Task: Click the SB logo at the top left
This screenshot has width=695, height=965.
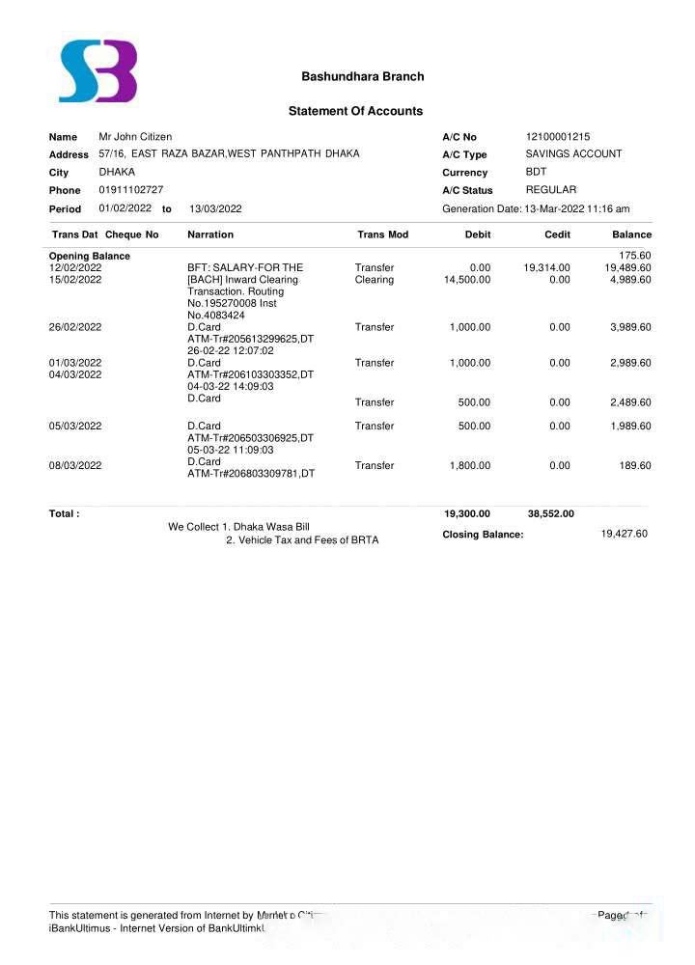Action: pyautogui.click(x=97, y=71)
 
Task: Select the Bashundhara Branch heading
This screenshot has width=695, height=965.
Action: pyautogui.click(x=362, y=76)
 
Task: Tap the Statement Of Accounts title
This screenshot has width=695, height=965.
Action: pyautogui.click(x=355, y=111)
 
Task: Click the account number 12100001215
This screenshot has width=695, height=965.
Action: pyautogui.click(x=558, y=137)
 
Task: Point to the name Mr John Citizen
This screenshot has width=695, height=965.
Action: pyautogui.click(x=135, y=137)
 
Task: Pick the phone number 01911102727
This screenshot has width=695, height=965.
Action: pyautogui.click(x=130, y=190)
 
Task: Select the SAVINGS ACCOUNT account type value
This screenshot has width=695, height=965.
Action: pyautogui.click(x=573, y=154)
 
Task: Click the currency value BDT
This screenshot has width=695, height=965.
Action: pyautogui.click(x=536, y=172)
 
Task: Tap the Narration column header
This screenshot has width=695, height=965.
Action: pyautogui.click(x=210, y=234)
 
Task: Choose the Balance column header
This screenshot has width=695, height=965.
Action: pyautogui.click(x=631, y=234)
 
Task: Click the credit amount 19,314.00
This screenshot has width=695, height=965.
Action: pyautogui.click(x=546, y=268)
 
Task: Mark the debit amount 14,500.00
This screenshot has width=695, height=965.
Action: pyautogui.click(x=467, y=280)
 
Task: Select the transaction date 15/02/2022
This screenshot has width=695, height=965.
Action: pyautogui.click(x=75, y=280)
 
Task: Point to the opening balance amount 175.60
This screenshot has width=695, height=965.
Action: pyautogui.click(x=634, y=256)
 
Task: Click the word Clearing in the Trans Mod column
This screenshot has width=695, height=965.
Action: pyautogui.click(x=374, y=280)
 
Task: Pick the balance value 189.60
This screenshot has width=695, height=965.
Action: pyautogui.click(x=635, y=466)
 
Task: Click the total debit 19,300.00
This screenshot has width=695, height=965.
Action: pyautogui.click(x=466, y=514)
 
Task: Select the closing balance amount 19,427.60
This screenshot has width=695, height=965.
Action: pyautogui.click(x=624, y=534)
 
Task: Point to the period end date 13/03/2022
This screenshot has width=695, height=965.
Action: pyautogui.click(x=215, y=208)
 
